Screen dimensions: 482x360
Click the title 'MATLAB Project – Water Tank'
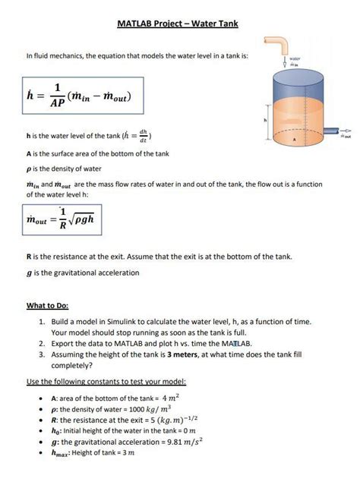coord(178,24)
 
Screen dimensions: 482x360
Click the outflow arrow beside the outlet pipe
coord(347,130)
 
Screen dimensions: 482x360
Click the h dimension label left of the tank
coord(265,120)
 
